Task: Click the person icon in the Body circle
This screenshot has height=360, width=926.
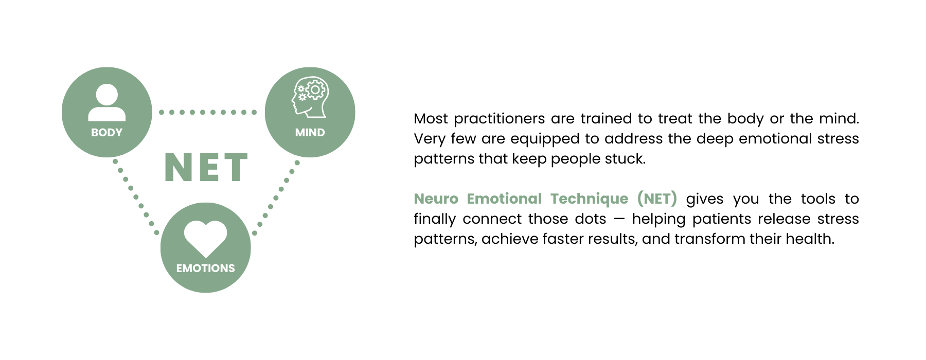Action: pyautogui.click(x=106, y=103)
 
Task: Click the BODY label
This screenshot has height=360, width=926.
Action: pyautogui.click(x=106, y=133)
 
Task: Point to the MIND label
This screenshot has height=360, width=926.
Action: pyautogui.click(x=310, y=133)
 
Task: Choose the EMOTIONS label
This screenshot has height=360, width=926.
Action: pyautogui.click(x=205, y=268)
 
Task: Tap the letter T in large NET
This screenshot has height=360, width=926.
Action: pyautogui.click(x=236, y=167)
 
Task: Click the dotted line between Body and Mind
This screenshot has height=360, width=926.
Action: pyautogui.click(x=208, y=112)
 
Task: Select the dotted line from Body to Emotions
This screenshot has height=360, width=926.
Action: pyautogui.click(x=136, y=197)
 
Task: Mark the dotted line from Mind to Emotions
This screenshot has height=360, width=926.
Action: pyautogui.click(x=276, y=198)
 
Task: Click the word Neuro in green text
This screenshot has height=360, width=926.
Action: pyautogui.click(x=436, y=199)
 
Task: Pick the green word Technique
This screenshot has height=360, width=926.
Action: pyautogui.click(x=590, y=200)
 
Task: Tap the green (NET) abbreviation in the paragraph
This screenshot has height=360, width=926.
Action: pyautogui.click(x=657, y=199)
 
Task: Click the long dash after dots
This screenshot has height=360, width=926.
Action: pyautogui.click(x=619, y=219)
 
